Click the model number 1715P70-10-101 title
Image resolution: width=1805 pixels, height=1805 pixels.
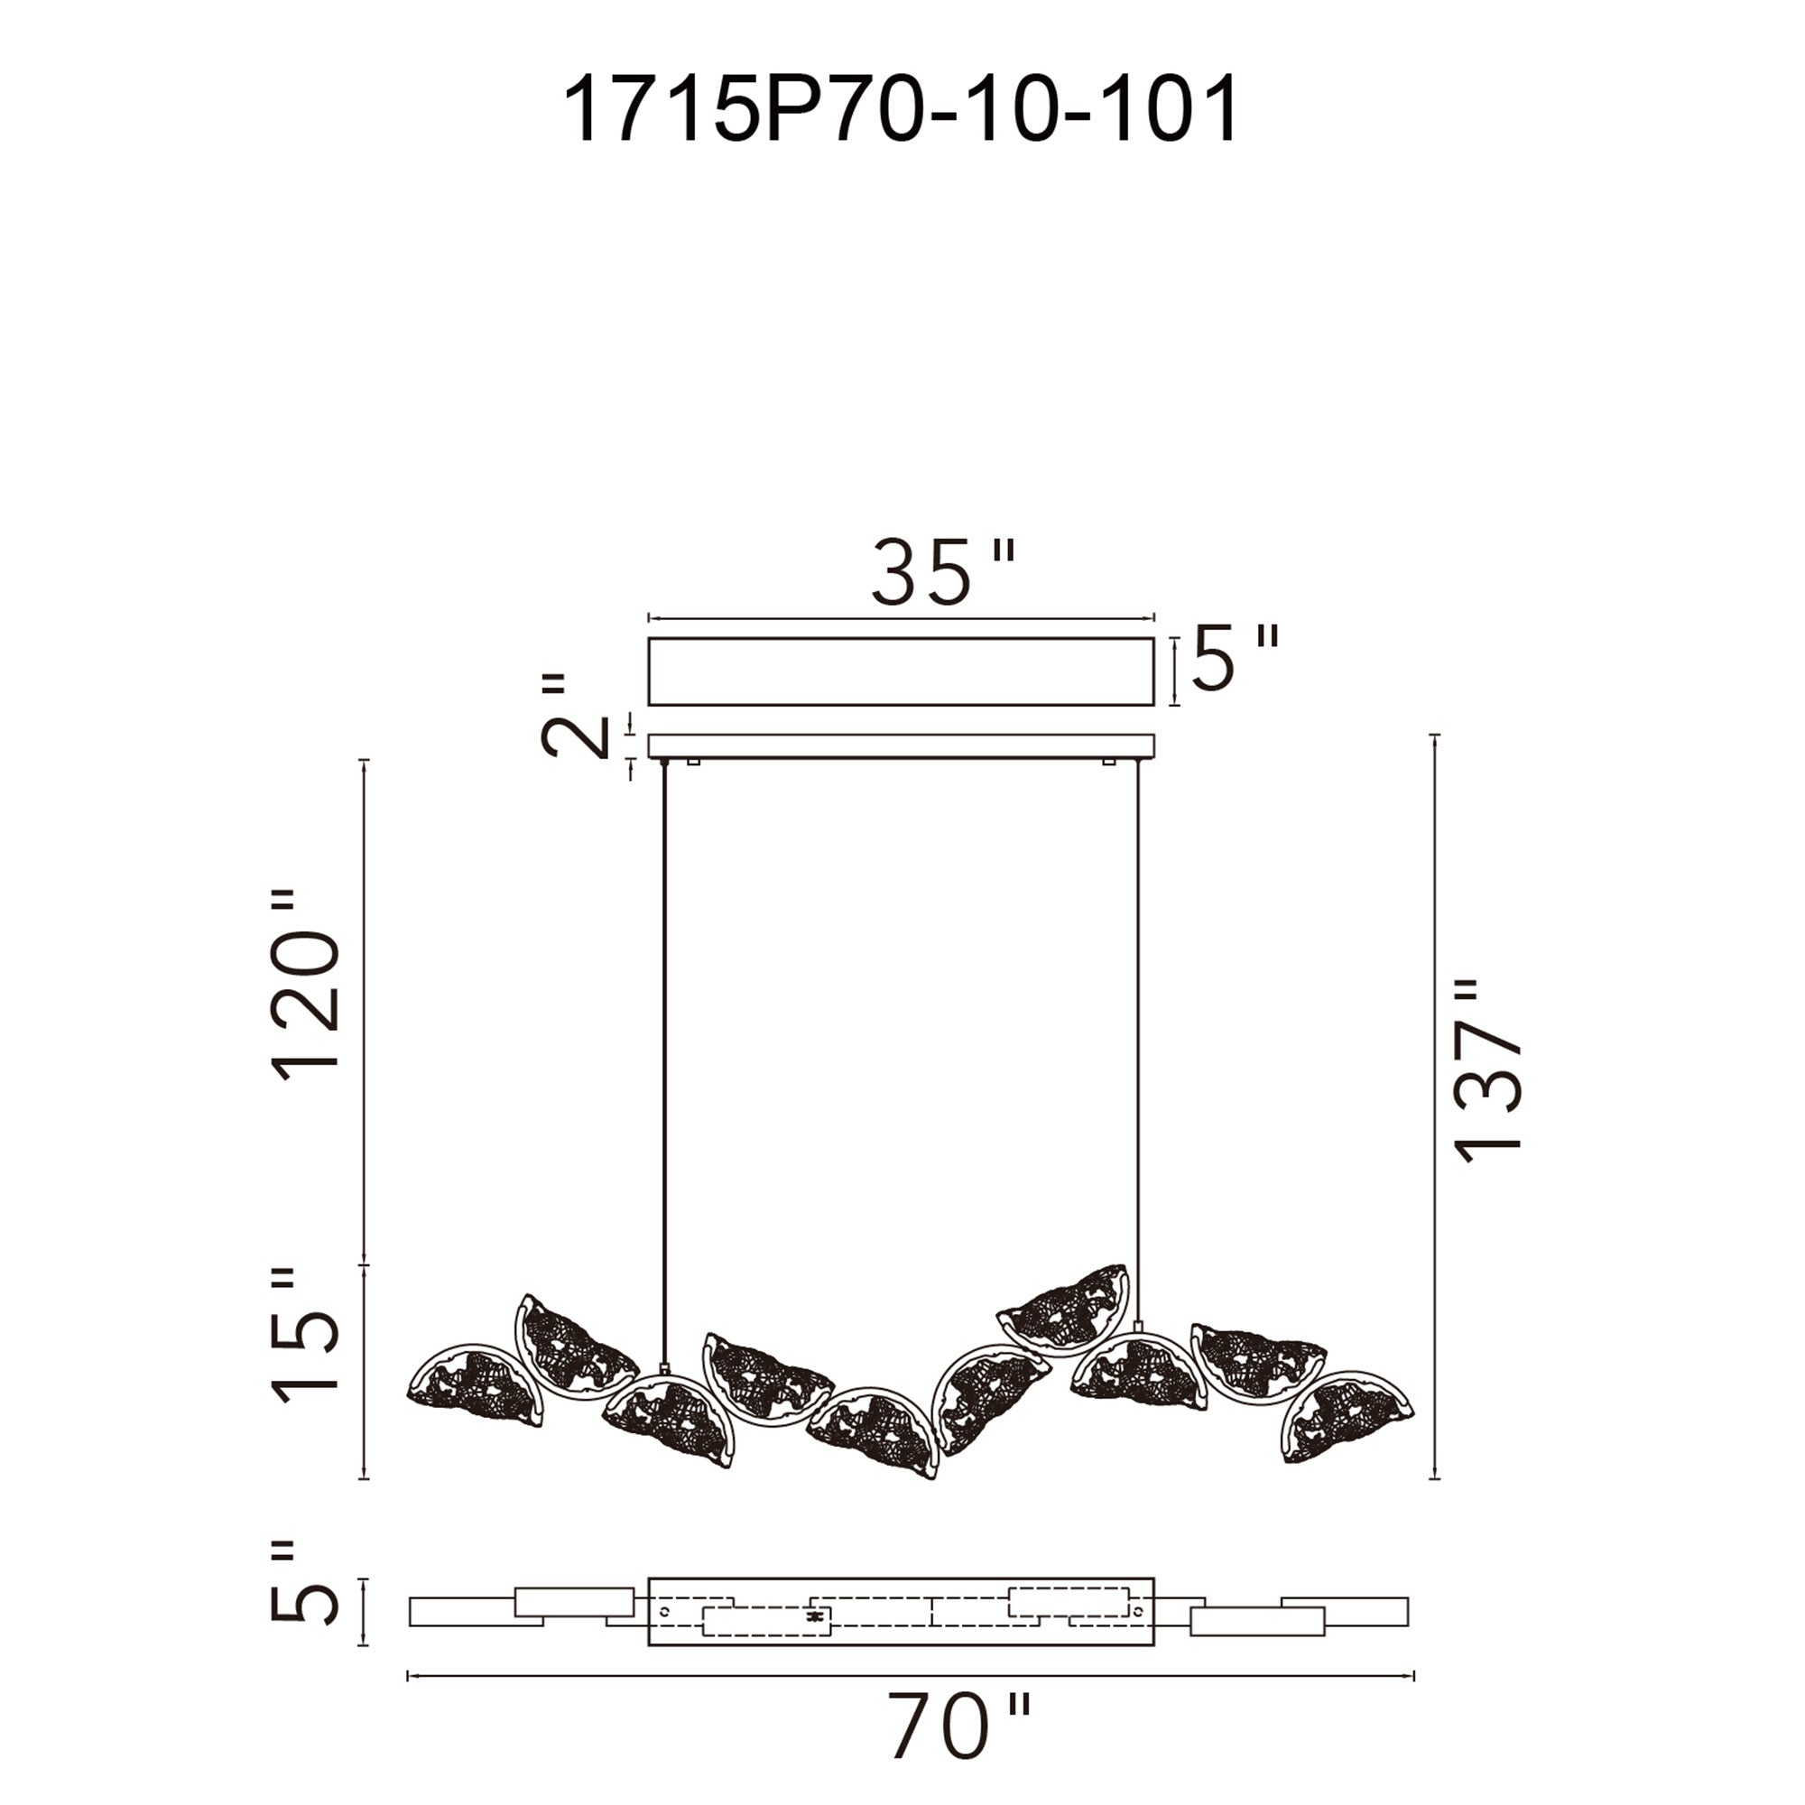click(x=901, y=109)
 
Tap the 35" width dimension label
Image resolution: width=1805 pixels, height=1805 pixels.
click(x=941, y=572)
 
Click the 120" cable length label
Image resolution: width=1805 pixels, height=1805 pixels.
click(x=306, y=986)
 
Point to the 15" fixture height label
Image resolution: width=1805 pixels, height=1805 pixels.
click(x=306, y=1337)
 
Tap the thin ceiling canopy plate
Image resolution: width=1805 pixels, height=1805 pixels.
click(x=901, y=745)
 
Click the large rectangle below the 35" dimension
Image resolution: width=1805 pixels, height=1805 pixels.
click(x=901, y=671)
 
